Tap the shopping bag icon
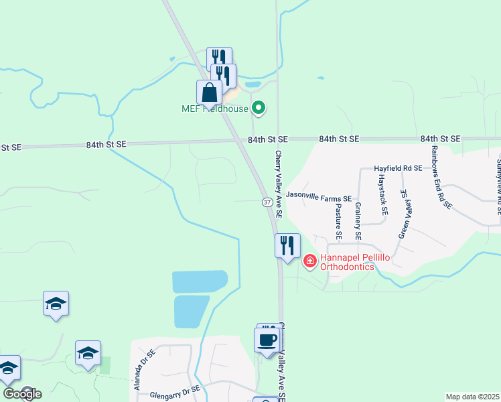click(209, 93)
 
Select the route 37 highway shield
click(267, 202)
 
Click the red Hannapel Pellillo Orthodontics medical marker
click(310, 261)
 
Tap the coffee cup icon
click(267, 339)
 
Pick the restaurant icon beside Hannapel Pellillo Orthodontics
click(287, 245)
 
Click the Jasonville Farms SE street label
click(319, 198)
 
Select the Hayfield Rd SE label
click(398, 168)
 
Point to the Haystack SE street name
click(382, 194)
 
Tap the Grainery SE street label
click(358, 221)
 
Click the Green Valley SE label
click(403, 213)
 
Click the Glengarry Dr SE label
click(175, 389)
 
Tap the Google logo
click(22, 393)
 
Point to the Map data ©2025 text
click(472, 397)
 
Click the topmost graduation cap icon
click(56, 304)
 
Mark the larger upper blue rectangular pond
click(200, 281)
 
